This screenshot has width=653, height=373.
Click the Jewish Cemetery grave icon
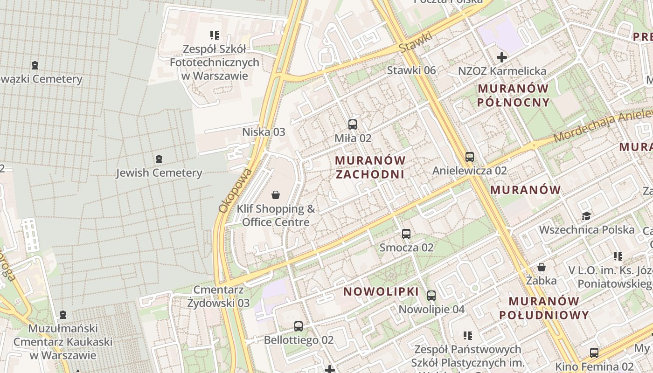[159, 159]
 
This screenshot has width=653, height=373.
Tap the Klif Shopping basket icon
[276, 194]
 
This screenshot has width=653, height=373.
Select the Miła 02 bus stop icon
[353, 124]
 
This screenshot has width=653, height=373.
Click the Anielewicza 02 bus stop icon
[469, 157]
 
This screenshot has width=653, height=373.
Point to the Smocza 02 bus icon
[406, 234]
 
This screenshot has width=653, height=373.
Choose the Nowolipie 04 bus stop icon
[431, 295]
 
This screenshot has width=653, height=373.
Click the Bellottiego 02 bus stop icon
[299, 326]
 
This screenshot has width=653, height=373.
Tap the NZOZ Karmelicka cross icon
[502, 58]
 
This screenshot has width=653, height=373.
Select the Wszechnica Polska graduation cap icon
[586, 216]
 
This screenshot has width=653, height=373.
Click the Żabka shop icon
[542, 267]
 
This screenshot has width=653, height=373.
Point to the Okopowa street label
[235, 191]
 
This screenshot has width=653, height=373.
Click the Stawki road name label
[416, 42]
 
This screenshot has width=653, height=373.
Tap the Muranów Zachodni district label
[370, 167]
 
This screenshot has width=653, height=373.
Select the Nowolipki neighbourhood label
[381, 292]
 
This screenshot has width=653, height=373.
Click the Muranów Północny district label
[513, 95]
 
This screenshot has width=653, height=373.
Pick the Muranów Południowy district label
[544, 308]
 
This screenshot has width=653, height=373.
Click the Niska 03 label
[264, 132]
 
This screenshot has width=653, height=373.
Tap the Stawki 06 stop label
[411, 70]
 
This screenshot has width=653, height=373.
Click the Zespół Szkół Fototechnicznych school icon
[215, 35]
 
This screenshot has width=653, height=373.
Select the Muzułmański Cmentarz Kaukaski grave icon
[63, 315]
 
